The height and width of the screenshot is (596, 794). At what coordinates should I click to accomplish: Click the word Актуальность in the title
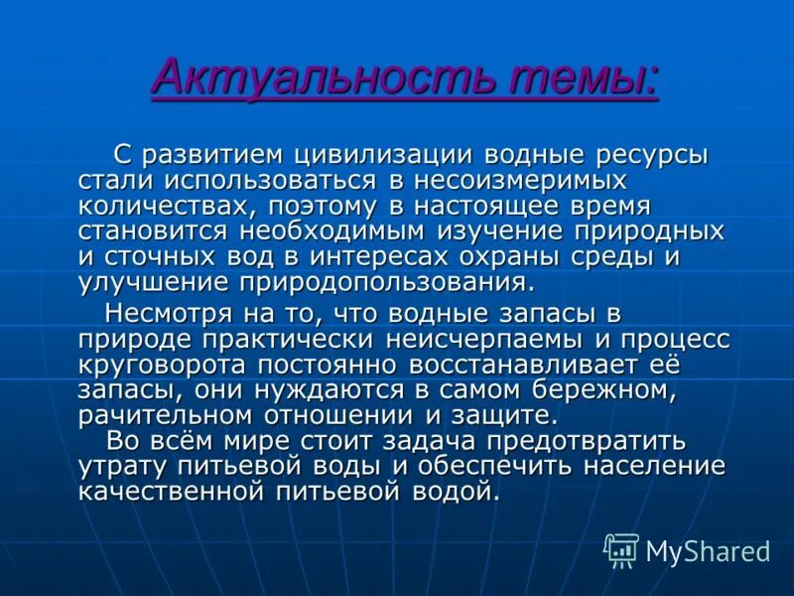pyautogui.click(x=297, y=76)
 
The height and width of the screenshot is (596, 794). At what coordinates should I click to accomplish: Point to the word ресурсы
pyautogui.click(x=651, y=156)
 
